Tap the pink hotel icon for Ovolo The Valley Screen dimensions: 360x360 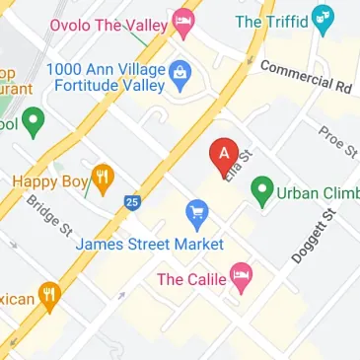tap(182, 20)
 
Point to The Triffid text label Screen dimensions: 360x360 tap(267, 20)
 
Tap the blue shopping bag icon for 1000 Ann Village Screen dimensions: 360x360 tap(180, 72)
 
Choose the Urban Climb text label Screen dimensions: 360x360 tap(318, 192)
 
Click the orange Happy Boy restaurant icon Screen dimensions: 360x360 tap(101, 180)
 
